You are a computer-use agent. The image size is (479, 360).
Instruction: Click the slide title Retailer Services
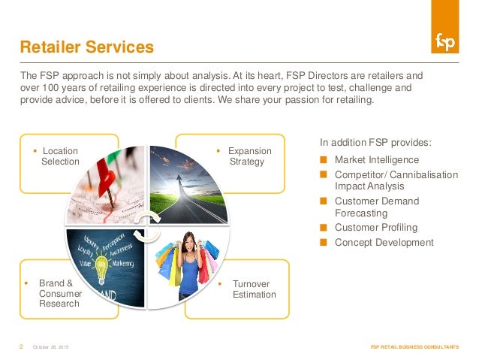click(86, 49)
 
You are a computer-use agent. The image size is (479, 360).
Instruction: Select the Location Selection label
click(59, 156)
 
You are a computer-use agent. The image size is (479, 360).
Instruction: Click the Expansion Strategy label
click(249, 156)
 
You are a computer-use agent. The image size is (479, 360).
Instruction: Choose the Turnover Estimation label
click(254, 289)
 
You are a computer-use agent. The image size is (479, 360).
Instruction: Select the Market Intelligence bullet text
click(377, 160)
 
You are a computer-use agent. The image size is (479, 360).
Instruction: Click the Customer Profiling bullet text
click(375, 228)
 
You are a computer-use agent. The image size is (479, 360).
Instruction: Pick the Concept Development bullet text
click(384, 243)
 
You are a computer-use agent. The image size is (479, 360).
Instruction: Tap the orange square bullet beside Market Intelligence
click(324, 160)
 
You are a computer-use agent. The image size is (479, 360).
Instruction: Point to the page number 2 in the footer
click(20, 346)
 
